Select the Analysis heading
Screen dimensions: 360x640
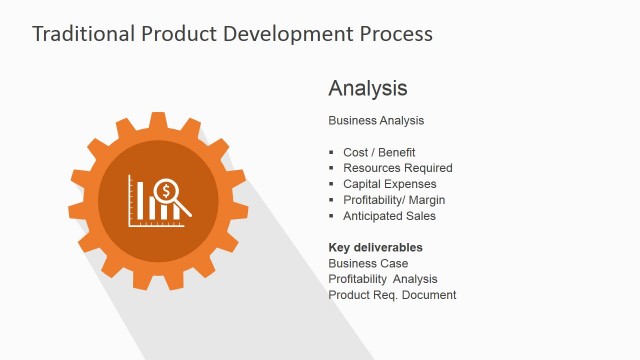[x=368, y=88]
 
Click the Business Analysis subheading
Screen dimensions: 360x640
[x=376, y=120]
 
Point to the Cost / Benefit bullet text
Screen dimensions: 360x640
[x=379, y=152]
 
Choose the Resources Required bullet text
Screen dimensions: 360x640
[x=397, y=168]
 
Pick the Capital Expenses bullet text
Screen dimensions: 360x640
[x=389, y=184]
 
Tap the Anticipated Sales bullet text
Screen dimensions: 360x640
[x=389, y=216]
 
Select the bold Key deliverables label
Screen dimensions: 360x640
[x=375, y=247]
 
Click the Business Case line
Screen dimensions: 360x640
[x=368, y=263]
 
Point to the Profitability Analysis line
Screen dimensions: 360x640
[x=383, y=279]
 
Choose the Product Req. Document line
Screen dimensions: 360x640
[x=392, y=295]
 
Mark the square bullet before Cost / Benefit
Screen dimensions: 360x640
[x=332, y=152]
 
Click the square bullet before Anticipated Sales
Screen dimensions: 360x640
[x=332, y=216]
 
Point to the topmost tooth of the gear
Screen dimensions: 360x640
[x=158, y=120]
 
